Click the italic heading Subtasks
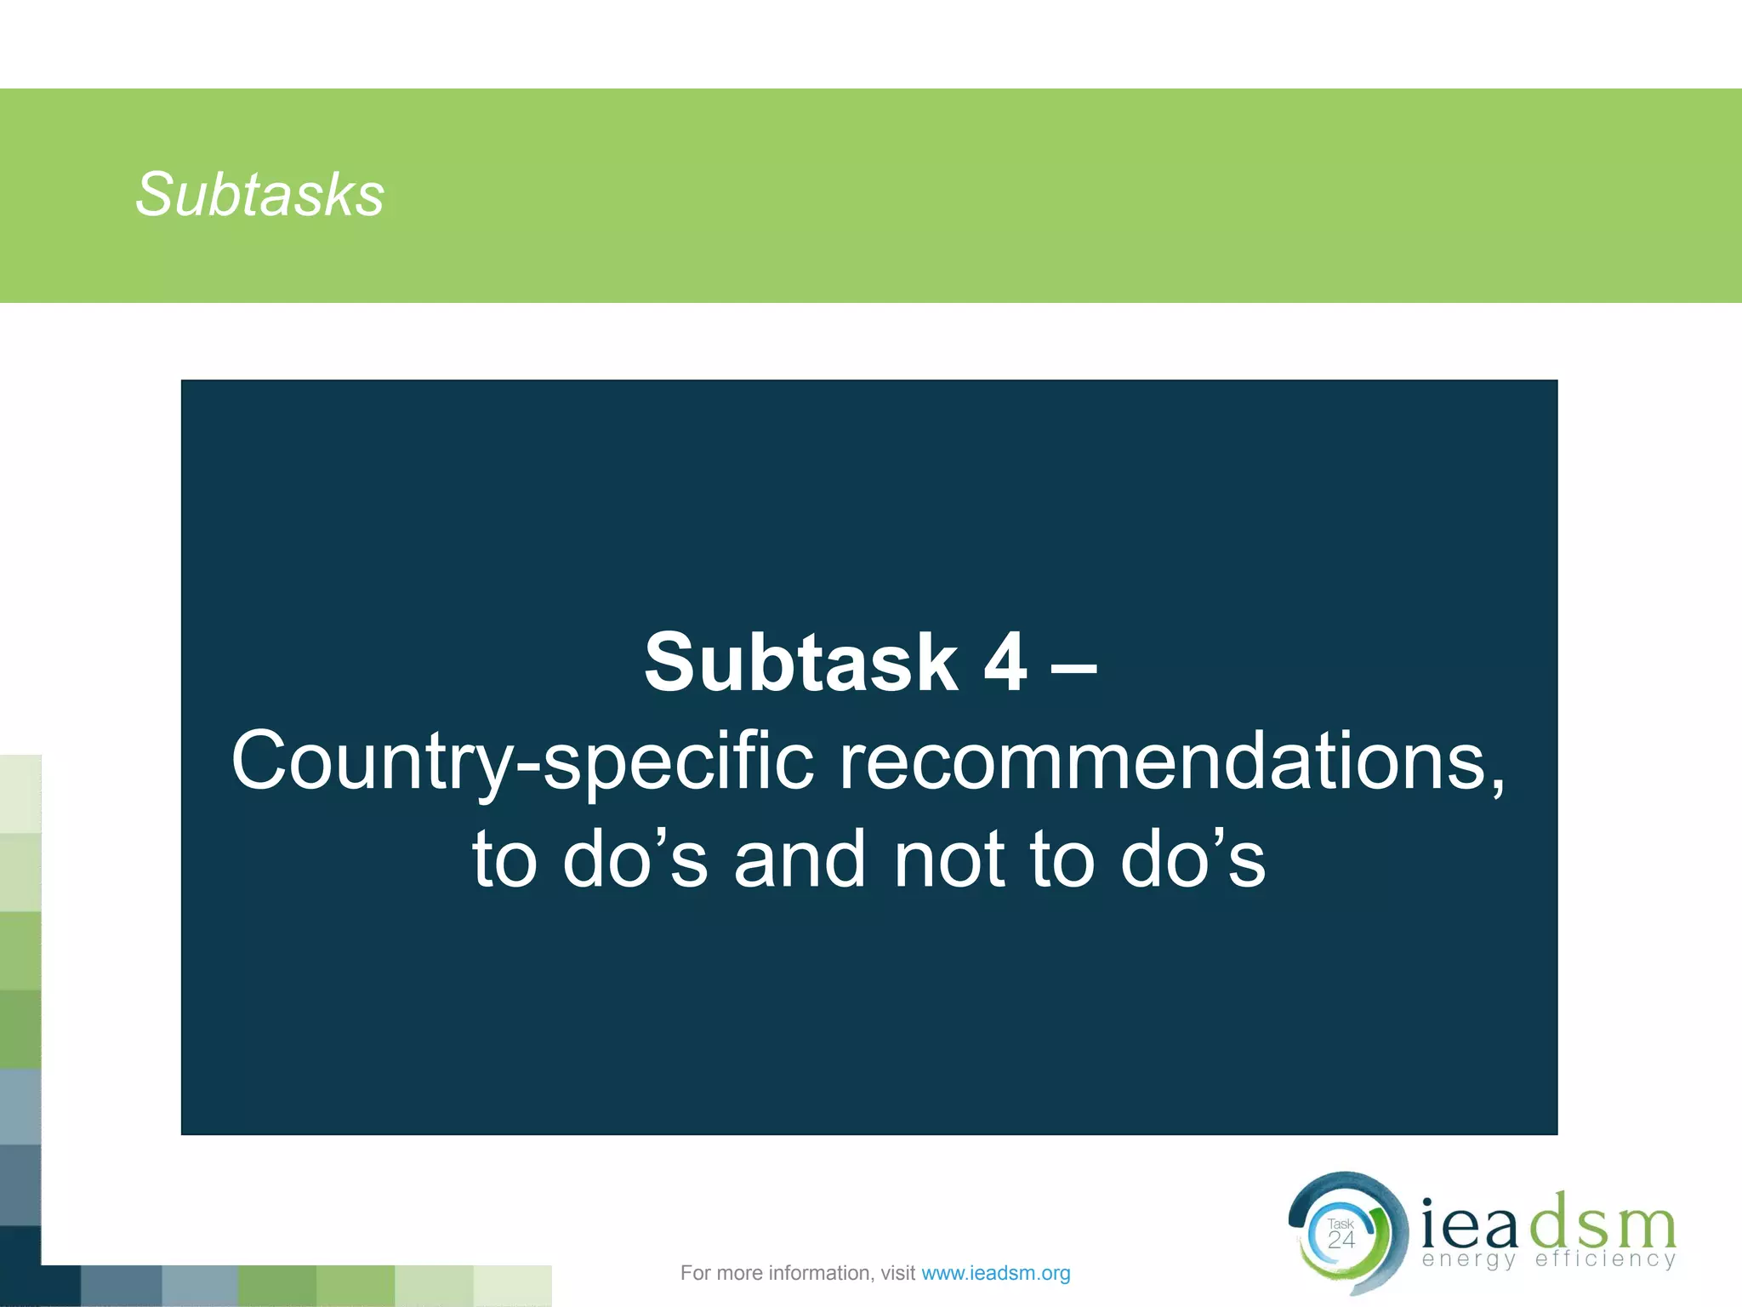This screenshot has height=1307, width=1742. [259, 195]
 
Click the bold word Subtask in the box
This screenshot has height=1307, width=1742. [800, 663]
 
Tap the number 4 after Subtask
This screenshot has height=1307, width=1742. [1005, 663]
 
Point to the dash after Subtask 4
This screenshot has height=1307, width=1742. [1074, 665]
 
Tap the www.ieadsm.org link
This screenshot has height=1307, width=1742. [995, 1273]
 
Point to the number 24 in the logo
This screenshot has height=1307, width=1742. [1341, 1241]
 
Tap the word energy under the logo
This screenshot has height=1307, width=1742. [1469, 1259]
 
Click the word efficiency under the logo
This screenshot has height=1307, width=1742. [1605, 1258]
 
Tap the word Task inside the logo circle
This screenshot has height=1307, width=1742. [1341, 1224]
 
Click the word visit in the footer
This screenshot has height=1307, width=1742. [897, 1273]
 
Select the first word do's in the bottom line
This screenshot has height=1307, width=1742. [635, 859]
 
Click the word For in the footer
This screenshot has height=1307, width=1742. [695, 1273]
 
